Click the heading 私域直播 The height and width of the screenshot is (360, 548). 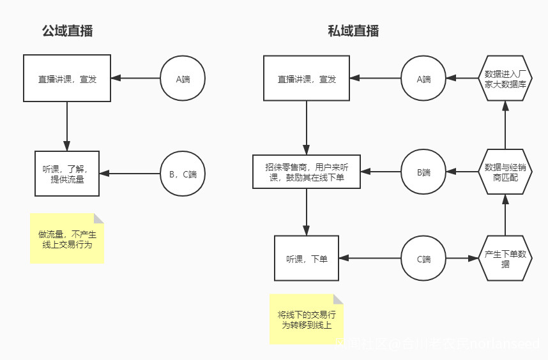[x=353, y=31]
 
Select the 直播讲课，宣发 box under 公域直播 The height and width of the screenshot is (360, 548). [x=67, y=79]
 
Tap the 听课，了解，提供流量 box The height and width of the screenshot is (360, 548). [x=67, y=174]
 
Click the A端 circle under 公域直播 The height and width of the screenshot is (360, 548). [x=183, y=79]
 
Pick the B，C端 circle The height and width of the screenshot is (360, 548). [x=183, y=174]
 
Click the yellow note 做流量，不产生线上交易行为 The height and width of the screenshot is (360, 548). [x=67, y=238]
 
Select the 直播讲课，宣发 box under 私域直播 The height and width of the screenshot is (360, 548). [x=307, y=79]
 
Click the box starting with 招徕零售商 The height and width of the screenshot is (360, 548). [x=307, y=172]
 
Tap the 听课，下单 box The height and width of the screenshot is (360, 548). [x=307, y=259]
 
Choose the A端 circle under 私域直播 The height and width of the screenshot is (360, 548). [x=423, y=79]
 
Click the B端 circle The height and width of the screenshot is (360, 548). [x=423, y=172]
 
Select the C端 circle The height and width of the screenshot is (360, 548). [x=423, y=259]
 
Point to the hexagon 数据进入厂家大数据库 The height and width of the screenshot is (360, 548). [x=505, y=78]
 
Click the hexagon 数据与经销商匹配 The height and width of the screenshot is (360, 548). [x=505, y=172]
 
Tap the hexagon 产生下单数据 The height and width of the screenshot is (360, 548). [x=505, y=259]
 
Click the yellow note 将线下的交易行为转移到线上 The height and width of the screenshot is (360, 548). [x=306, y=319]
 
